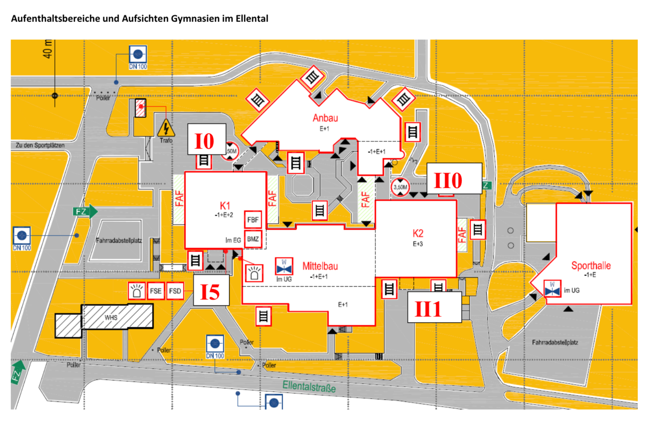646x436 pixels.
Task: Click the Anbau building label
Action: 325,118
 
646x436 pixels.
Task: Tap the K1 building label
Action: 225,206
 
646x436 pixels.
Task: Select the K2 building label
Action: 418,233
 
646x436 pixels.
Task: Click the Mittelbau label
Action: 320,266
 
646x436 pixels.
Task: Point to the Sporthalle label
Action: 590,266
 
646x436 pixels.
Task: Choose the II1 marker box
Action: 434,308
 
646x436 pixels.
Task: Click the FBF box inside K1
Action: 253,220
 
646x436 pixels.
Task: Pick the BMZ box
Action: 253,239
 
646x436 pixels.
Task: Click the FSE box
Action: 156,291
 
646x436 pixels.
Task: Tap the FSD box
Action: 175,291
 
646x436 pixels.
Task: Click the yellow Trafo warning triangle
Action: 166,128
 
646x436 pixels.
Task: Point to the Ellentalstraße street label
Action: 309,387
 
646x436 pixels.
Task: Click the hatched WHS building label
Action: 111,318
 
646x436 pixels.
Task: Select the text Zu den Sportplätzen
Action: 40,145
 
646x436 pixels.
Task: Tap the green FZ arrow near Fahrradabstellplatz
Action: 86,211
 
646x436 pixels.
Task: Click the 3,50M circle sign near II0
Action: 400,187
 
